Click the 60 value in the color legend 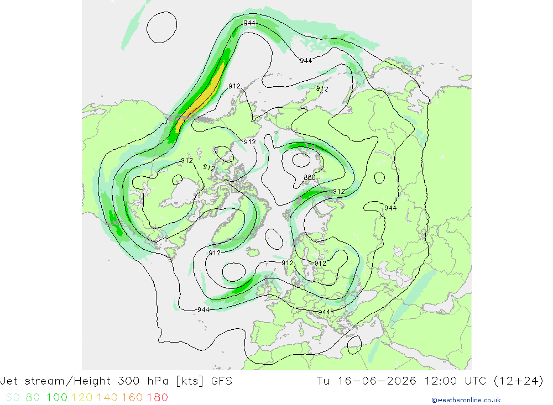[13, 398]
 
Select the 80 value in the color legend [33, 398]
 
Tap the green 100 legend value [57, 398]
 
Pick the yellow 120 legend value [82, 398]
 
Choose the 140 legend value [107, 398]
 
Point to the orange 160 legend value [132, 398]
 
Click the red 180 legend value [157, 398]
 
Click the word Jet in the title [9, 381]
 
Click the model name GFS [222, 381]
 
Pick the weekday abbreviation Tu [324, 381]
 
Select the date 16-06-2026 [377, 381]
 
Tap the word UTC [475, 381]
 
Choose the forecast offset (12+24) [519, 381]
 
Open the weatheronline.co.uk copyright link [466, 400]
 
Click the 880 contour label [309, 177]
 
